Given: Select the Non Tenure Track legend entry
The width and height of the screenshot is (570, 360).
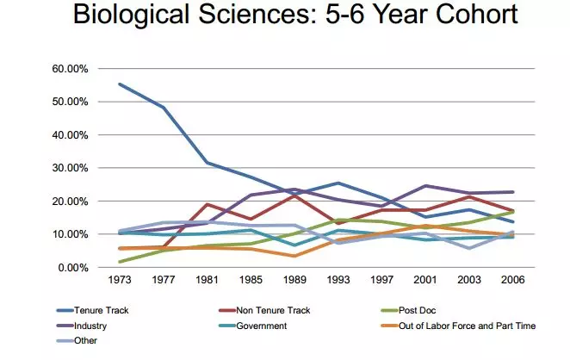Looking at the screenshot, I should [x=264, y=309].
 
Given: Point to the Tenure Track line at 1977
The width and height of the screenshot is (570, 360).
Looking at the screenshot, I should [x=164, y=107].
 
